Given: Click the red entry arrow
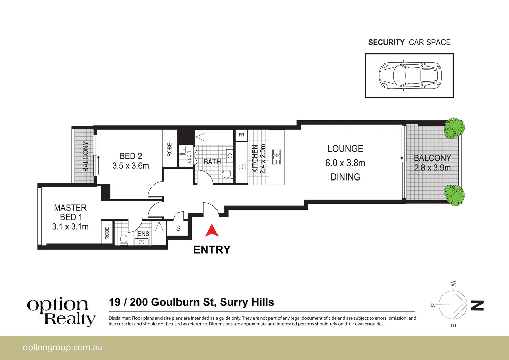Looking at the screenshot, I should click(212, 231).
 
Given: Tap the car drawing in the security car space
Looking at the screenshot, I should click(410, 76).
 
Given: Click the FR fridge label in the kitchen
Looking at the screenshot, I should click(241, 135).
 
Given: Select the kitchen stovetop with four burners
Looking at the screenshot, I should click(242, 166).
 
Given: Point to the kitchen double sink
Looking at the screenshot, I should click(277, 157).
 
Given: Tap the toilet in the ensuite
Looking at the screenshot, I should click(124, 239).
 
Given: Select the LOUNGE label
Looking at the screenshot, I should click(345, 149).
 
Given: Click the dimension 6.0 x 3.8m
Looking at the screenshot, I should click(345, 163).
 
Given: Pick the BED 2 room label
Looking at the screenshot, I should click(131, 156).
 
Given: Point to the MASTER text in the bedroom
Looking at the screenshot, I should click(70, 208).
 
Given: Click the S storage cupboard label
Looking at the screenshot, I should click(178, 229).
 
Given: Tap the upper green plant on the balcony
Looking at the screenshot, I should click(454, 129).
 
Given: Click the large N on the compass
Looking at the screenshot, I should click(477, 305).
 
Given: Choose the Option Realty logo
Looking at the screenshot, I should click(61, 311).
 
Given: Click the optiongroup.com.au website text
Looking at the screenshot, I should click(63, 348).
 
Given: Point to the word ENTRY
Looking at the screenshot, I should click(212, 250).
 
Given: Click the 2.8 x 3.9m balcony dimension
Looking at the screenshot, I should click(432, 168).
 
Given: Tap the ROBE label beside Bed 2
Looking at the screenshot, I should click(170, 150).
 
